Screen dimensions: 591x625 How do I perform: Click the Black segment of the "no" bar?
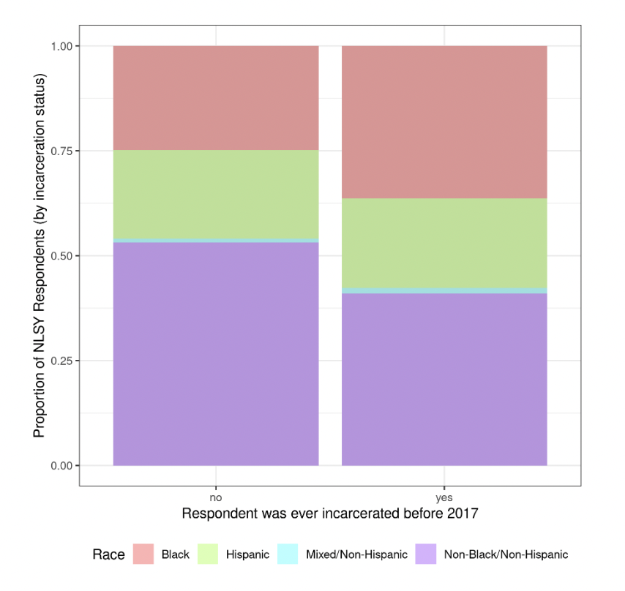[x=215, y=98]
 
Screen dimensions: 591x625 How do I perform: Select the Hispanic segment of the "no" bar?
[x=215, y=194]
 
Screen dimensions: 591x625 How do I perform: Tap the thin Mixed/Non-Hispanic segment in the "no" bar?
[x=215, y=240]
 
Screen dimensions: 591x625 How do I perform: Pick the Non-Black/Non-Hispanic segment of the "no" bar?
[x=215, y=353]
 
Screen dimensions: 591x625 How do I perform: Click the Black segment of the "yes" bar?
[x=444, y=122]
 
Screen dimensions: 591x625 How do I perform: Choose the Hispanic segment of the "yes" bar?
[x=444, y=243]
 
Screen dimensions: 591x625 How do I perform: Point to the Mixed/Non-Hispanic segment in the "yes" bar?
[x=444, y=290]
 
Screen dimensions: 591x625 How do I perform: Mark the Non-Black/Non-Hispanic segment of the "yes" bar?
[x=444, y=379]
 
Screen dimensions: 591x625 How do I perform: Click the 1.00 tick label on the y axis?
[x=61, y=46]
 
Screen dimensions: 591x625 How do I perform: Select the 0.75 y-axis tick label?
[x=61, y=151]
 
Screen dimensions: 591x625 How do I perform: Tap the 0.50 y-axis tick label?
[x=61, y=256]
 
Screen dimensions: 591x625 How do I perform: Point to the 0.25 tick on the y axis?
[x=61, y=361]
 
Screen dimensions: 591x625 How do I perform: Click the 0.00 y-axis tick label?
[x=61, y=466]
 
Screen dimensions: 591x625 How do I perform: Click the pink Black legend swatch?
[x=143, y=554]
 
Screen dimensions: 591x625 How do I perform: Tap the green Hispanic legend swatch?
[x=209, y=554]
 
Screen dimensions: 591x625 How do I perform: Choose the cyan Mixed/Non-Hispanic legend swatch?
[x=288, y=554]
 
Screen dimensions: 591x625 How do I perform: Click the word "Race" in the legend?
[x=108, y=554]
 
